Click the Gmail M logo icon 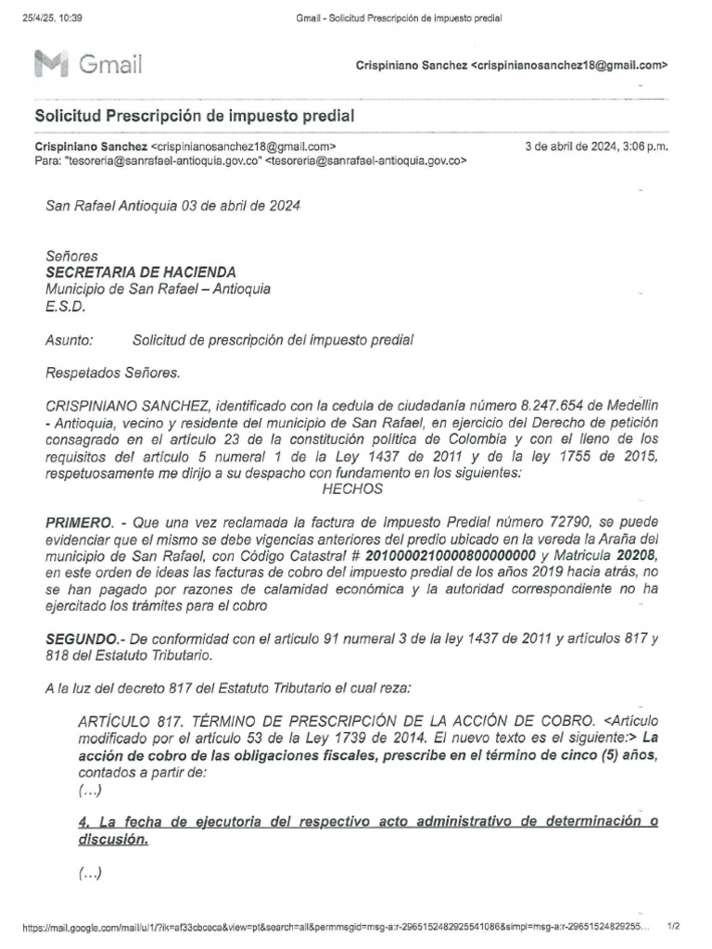coord(51,64)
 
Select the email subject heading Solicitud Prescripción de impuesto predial coord(194,116)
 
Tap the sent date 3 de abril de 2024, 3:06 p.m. coord(596,146)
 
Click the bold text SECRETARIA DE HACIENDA coord(141,272)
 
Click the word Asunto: coord(70,340)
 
